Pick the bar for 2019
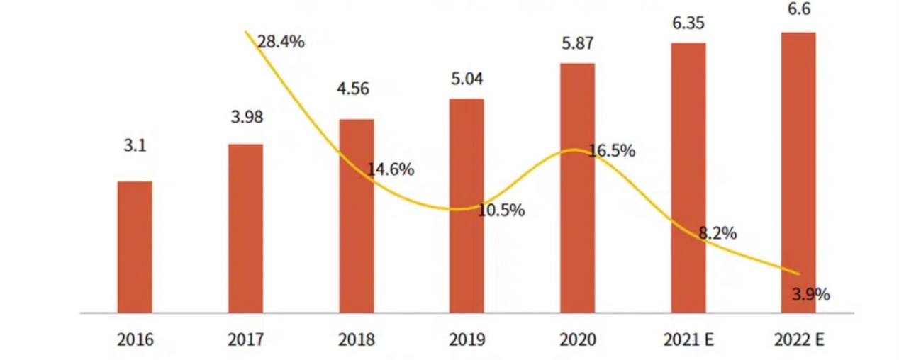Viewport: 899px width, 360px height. [x=467, y=206]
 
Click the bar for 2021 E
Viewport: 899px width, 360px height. [x=688, y=177]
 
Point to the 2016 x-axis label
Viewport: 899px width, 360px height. [x=135, y=340]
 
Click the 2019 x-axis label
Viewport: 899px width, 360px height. [x=467, y=340]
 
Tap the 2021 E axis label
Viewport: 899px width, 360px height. [x=688, y=340]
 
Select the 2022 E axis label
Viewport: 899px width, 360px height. [x=799, y=340]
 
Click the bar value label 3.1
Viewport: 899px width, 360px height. [x=134, y=147]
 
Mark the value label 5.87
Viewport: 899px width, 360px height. [x=577, y=43]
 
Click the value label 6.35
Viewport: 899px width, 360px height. [x=688, y=22]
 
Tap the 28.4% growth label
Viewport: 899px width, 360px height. [x=281, y=42]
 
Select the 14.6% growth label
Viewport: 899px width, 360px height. [x=391, y=170]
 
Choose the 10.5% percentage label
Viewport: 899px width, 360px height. [x=501, y=210]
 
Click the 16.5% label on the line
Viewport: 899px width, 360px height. [x=612, y=151]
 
